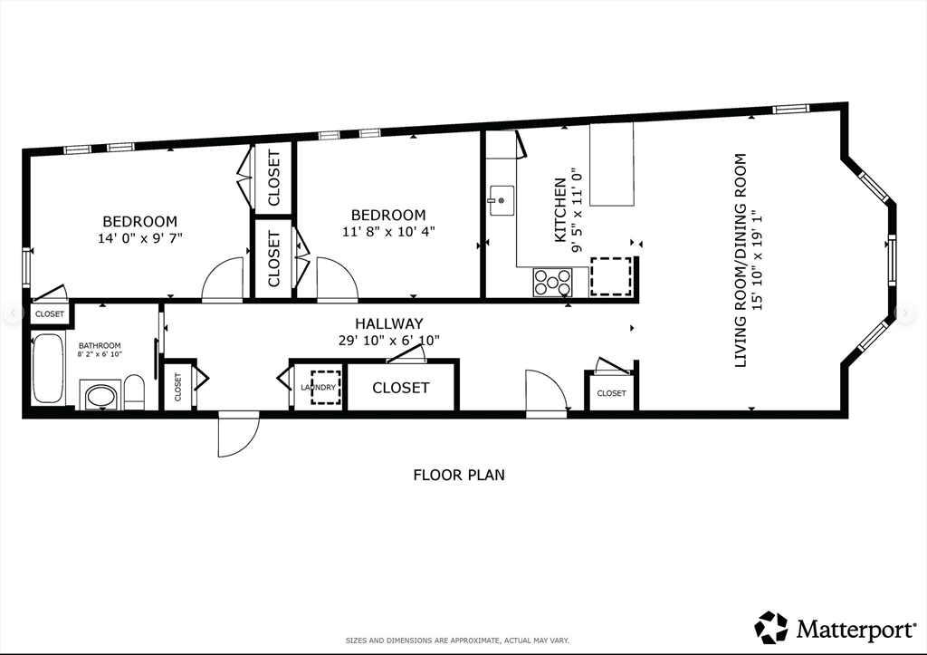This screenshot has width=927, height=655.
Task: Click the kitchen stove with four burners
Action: pyautogui.click(x=552, y=283)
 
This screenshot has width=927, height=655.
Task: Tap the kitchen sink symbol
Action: pyautogui.click(x=501, y=200)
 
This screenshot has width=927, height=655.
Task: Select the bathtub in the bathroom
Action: pyautogui.click(x=47, y=370)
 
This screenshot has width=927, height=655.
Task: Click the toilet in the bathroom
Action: pyautogui.click(x=134, y=391)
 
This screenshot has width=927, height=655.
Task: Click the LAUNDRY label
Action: pyautogui.click(x=318, y=388)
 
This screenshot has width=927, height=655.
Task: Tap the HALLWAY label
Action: pyautogui.click(x=389, y=323)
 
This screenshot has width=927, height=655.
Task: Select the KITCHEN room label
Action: pyautogui.click(x=559, y=210)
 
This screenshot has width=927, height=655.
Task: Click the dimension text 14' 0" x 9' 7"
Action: pyautogui.click(x=140, y=238)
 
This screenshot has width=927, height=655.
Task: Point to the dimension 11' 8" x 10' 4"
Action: pyautogui.click(x=388, y=231)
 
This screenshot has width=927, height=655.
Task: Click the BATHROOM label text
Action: pyautogui.click(x=100, y=345)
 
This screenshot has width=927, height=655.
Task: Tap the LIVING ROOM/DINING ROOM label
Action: pyautogui.click(x=741, y=260)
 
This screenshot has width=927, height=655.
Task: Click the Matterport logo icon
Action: pyautogui.click(x=771, y=627)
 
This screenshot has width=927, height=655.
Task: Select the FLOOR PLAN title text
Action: pyautogui.click(x=459, y=475)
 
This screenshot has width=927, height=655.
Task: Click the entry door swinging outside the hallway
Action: pyautogui.click(x=238, y=435)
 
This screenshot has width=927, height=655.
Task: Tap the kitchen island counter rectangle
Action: pyautogui.click(x=612, y=164)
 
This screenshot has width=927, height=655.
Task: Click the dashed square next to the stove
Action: pyautogui.click(x=611, y=276)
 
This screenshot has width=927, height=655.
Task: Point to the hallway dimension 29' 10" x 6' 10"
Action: pyautogui.click(x=389, y=341)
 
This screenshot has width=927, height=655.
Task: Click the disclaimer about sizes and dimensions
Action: pyautogui.click(x=457, y=641)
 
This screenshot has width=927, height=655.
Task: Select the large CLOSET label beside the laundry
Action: pyautogui.click(x=401, y=388)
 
